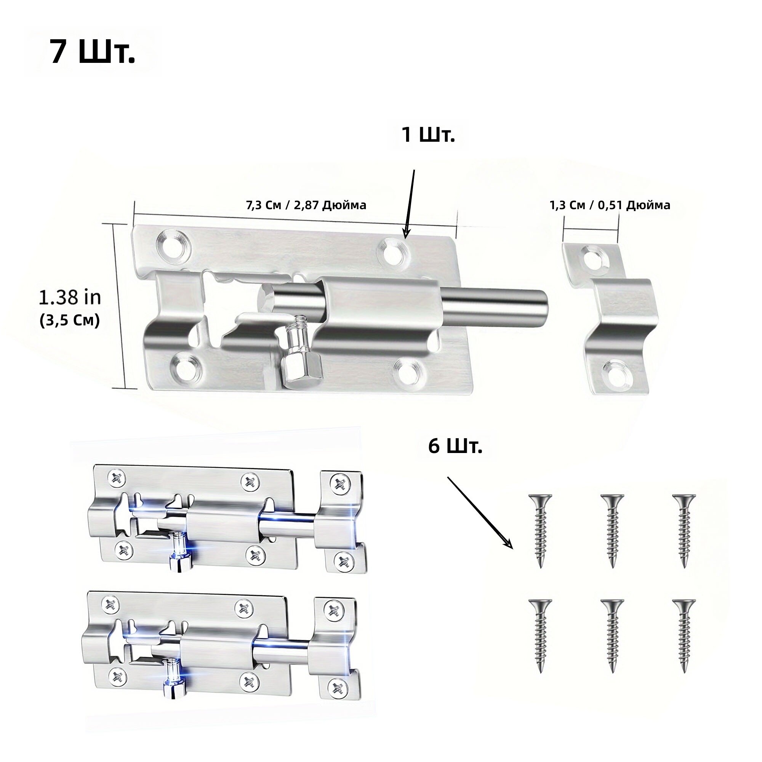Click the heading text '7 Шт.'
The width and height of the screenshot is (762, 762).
[93, 52]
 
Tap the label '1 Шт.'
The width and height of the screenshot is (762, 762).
[428, 135]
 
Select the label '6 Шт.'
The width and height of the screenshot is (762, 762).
[455, 447]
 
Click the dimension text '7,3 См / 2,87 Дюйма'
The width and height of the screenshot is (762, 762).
[306, 205]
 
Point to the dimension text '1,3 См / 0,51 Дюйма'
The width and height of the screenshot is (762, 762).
[610, 205]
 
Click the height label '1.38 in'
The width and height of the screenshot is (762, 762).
[70, 298]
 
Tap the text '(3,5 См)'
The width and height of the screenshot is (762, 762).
[70, 320]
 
